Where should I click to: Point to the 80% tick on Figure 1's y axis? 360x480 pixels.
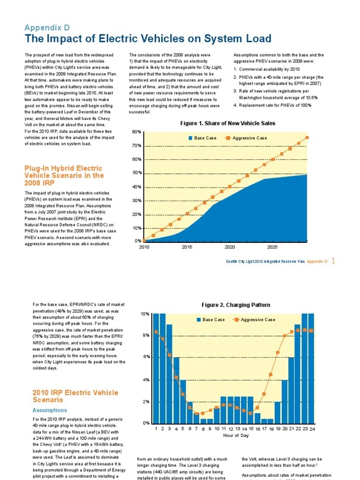click(136, 132)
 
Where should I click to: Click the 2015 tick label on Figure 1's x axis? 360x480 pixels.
click(187, 247)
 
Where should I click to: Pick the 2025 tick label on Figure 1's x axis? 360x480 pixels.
click(272, 247)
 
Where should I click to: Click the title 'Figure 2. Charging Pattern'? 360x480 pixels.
click(236, 305)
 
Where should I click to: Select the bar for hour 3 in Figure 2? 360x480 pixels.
click(170, 374)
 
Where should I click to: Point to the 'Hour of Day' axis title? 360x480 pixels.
click(236, 435)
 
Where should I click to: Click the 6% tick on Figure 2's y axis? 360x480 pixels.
click(146, 357)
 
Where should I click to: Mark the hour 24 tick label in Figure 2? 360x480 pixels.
click(311, 429)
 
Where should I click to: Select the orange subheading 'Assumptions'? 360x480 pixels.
click(49, 410)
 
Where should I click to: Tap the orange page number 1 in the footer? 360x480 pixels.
click(333, 261)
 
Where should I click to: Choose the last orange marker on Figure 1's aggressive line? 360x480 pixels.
click(307, 138)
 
